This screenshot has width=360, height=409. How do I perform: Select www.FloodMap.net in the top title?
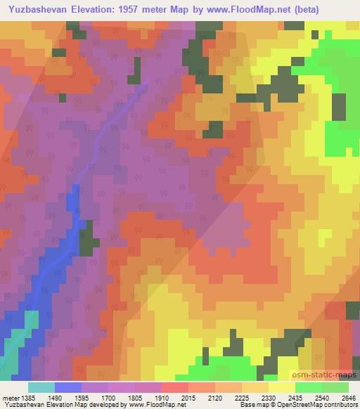(x=249, y=9)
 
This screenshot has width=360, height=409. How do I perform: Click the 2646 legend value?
(x=349, y=398)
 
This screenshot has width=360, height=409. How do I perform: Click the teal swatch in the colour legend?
(x=41, y=387)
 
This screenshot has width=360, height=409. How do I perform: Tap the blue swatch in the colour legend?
(x=68, y=387)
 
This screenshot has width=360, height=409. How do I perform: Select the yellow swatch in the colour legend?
(x=280, y=387)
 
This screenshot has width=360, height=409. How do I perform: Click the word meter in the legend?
(x=10, y=398)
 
